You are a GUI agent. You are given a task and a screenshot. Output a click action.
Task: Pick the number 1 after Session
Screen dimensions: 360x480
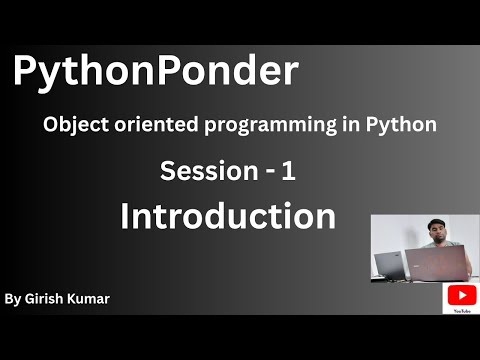pyautogui.click(x=288, y=172)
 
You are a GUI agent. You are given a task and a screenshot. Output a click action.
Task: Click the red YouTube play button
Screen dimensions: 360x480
pyautogui.click(x=461, y=295)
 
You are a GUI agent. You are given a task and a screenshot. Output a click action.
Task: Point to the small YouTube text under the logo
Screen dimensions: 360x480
pyautogui.click(x=461, y=310)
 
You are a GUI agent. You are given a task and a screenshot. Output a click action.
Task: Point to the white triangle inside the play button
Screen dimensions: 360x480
pyautogui.click(x=461, y=295)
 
